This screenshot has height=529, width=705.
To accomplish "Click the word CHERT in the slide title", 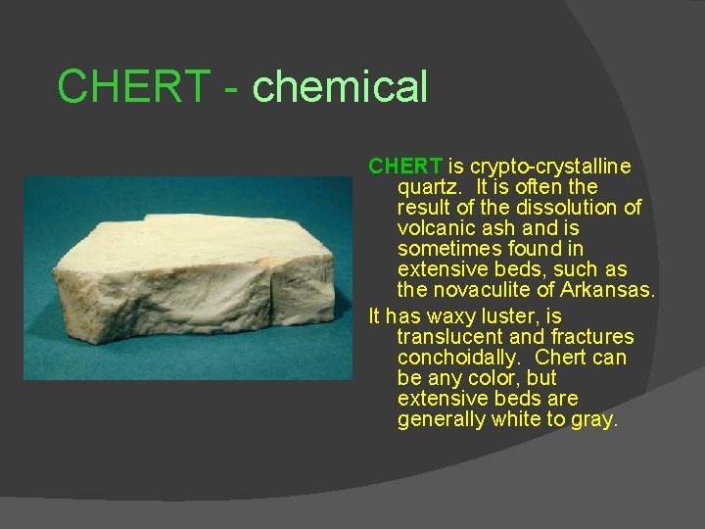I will (x=133, y=86).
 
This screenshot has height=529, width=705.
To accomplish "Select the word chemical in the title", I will (x=340, y=86).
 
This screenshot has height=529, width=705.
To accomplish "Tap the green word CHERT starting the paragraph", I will (x=406, y=167).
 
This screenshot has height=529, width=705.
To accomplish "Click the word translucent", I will (x=449, y=337).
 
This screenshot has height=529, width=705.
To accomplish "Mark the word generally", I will (x=442, y=419).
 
